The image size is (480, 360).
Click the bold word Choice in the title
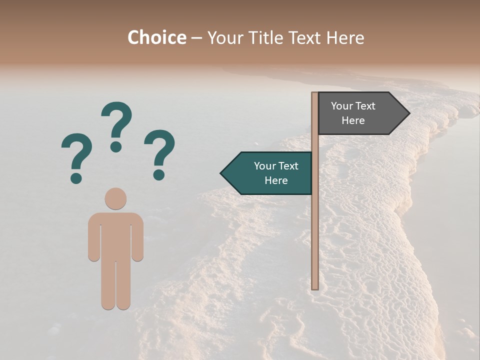(x=156, y=37)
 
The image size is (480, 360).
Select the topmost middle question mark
(x=116, y=126)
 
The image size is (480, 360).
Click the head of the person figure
(x=115, y=198)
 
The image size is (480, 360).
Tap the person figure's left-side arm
(x=93, y=237)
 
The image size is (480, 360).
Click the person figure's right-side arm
(x=137, y=237)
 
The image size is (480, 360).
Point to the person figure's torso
(x=115, y=235)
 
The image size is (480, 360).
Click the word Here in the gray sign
(x=353, y=120)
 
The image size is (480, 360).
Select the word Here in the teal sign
(x=276, y=180)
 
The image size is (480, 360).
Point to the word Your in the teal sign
(x=265, y=166)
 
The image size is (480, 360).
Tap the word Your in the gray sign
(x=342, y=106)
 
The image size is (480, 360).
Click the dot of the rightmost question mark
(x=159, y=174)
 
